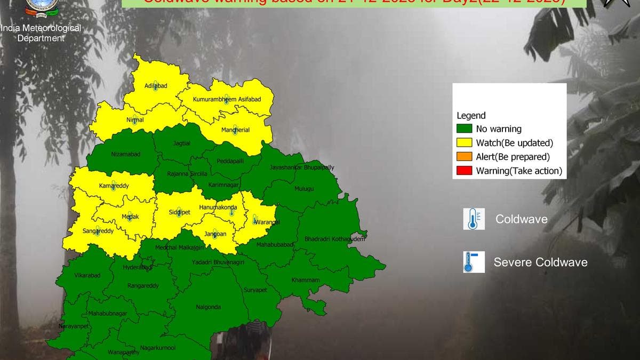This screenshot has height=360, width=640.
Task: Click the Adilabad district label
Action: point(156,86)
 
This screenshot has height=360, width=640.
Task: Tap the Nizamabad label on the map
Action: point(126,154)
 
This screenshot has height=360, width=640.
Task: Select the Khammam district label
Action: point(306,280)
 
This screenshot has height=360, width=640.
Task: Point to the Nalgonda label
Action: point(208,307)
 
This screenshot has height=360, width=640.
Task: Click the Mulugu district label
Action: point(304,189)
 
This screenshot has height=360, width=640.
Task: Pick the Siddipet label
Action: point(179,212)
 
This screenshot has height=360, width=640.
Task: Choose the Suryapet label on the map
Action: point(255,290)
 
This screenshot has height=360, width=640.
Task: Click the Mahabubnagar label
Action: point(108,314)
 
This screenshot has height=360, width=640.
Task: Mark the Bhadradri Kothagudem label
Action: point(334,239)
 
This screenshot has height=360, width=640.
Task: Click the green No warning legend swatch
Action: point(464,129)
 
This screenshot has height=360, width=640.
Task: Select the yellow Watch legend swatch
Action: point(464,143)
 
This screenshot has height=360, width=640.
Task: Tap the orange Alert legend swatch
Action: point(464,157)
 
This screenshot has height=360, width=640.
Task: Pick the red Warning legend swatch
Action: point(464,171)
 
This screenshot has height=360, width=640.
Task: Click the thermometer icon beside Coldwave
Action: point(474,219)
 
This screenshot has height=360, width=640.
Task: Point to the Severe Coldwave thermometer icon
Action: point(474,262)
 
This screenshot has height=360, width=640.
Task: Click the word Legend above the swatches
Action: point(471,116)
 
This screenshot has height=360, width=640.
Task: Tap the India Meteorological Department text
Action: point(41,33)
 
